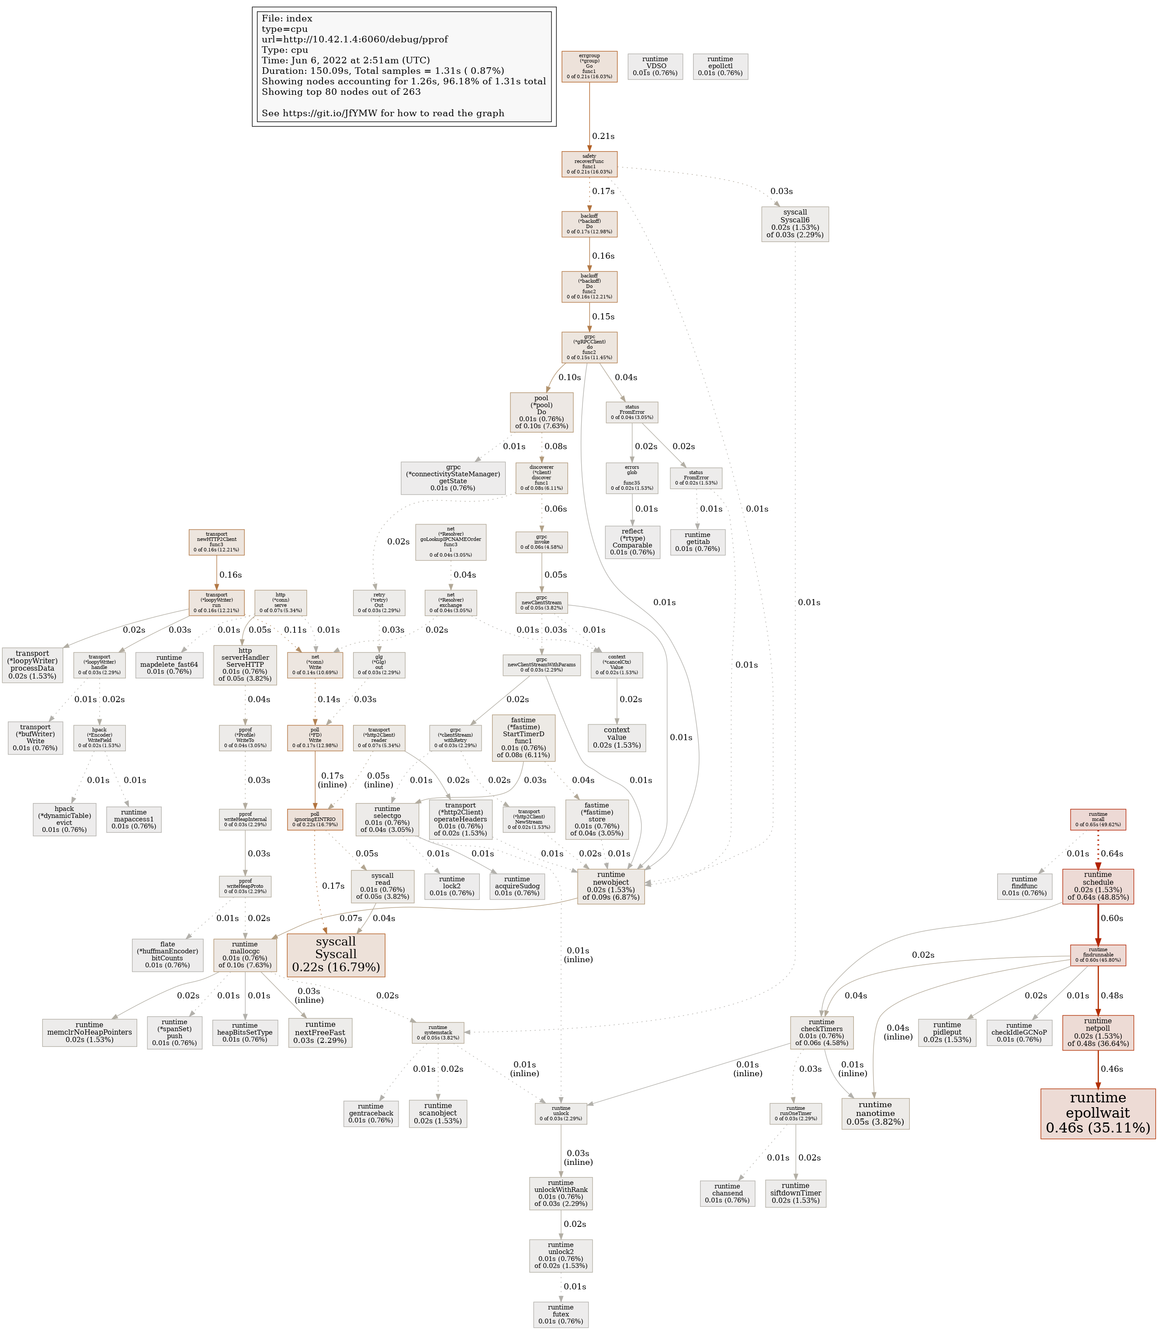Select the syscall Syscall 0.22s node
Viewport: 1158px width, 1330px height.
336,955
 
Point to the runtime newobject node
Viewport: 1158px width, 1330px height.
610,886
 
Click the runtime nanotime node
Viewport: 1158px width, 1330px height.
875,1114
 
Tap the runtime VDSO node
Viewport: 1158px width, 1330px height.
655,66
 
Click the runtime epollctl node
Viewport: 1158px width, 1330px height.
720,66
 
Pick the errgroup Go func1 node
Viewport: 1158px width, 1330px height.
589,66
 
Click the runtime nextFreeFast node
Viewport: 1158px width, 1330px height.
320,1032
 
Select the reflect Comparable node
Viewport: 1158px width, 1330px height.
632,541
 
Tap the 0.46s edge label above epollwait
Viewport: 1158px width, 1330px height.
1112,1069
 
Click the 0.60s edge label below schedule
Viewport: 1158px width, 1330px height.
1112,918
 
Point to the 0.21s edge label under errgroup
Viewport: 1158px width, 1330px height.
603,136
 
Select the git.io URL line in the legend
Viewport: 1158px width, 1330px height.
382,113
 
